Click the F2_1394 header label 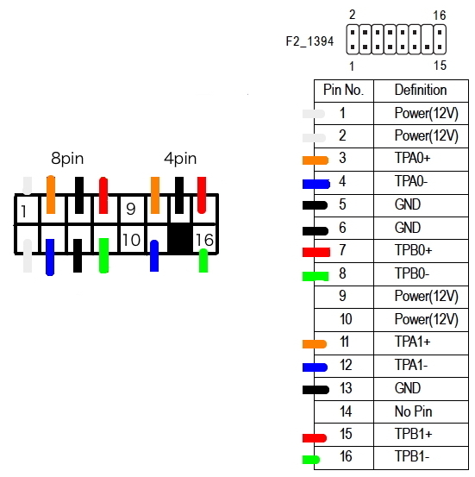coord(309,41)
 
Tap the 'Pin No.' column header coord(343,90)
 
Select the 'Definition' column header coord(421,90)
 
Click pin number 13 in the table coord(346,388)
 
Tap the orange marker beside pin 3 coord(316,160)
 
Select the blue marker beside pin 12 coord(315,367)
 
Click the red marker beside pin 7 coord(316,252)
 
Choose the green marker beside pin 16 coord(311,460)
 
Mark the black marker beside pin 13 coord(316,390)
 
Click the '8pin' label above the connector coord(67,159)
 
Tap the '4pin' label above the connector coord(180,159)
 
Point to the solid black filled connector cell coord(180,240)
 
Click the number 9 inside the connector coord(131,209)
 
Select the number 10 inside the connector coord(131,240)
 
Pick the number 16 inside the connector coord(204,240)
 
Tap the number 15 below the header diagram coord(440,66)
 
